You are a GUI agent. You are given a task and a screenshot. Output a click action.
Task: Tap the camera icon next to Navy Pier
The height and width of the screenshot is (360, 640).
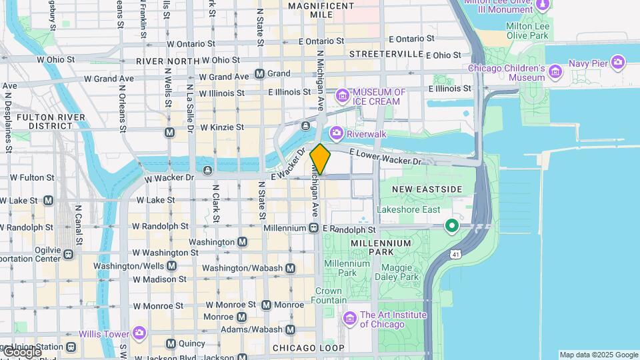(x=618, y=63)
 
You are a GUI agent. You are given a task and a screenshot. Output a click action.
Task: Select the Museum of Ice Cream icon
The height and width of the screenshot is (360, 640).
(x=343, y=97)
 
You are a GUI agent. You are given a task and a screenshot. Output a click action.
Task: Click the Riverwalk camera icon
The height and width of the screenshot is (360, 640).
(x=336, y=133)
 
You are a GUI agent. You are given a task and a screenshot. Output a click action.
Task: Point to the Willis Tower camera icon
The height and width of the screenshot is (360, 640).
(x=139, y=333)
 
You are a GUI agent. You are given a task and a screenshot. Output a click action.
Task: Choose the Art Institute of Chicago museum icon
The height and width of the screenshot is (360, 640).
(x=349, y=319)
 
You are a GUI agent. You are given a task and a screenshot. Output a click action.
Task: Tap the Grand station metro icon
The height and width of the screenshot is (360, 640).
(x=259, y=73)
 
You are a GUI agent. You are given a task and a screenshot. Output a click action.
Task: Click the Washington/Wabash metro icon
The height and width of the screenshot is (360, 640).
(x=290, y=268)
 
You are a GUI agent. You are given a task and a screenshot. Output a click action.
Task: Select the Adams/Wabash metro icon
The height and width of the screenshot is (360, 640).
(x=290, y=329)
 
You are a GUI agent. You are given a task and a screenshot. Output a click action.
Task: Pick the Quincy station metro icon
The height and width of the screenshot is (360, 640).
(x=171, y=344)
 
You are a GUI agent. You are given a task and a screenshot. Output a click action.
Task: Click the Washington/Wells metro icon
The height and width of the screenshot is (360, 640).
(x=172, y=265)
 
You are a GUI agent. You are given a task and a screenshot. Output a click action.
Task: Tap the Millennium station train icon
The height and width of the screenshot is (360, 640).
(x=313, y=228)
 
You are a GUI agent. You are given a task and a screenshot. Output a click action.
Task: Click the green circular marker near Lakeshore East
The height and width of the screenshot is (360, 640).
(x=451, y=227)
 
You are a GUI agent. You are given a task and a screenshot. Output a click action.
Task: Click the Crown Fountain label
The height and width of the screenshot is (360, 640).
(x=328, y=295)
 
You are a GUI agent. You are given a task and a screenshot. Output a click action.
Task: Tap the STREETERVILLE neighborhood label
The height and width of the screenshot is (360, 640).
(x=386, y=53)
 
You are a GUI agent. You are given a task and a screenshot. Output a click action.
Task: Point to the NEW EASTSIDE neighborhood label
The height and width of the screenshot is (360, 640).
(x=427, y=189)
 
